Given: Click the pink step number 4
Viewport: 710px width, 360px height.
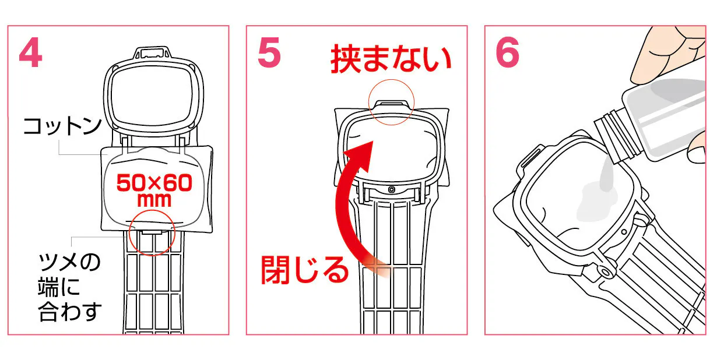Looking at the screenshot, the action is click(x=30, y=52).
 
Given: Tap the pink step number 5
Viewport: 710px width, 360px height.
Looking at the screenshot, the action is click(x=269, y=52).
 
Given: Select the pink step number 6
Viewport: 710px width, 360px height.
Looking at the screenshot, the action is click(x=508, y=52).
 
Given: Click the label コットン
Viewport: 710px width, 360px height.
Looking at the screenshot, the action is click(x=62, y=126).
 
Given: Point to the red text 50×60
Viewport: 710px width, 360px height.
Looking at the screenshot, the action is click(x=154, y=183).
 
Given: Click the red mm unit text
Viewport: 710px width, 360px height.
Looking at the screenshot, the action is click(x=154, y=200).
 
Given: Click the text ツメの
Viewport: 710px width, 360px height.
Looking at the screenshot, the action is click(x=69, y=262).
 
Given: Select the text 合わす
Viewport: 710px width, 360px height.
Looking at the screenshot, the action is click(x=70, y=312).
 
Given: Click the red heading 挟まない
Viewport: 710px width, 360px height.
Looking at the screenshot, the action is click(x=391, y=59).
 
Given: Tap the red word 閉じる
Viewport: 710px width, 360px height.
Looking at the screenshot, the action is click(x=305, y=270).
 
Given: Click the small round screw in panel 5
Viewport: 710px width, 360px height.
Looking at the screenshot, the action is click(x=392, y=190).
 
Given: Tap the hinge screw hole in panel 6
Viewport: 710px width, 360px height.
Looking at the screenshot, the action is click(x=606, y=272).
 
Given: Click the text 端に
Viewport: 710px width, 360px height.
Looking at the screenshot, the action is click(x=59, y=287).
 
